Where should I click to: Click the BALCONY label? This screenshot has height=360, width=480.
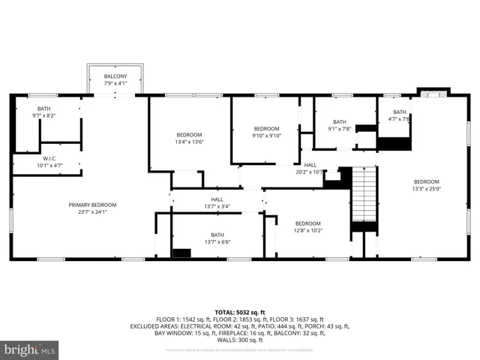click(115, 76)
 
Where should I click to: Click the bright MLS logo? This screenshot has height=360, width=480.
click(30, 349)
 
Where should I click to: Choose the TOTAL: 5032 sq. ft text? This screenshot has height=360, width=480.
click(240, 312)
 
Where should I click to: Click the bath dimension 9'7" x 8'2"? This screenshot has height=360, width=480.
click(44, 115)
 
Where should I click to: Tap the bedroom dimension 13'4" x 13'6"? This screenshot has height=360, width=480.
click(190, 142)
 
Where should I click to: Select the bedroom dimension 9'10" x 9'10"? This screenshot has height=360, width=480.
click(265, 136)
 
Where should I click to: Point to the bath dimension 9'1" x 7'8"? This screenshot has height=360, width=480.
click(340, 129)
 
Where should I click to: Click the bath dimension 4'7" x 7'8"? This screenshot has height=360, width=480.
click(399, 118)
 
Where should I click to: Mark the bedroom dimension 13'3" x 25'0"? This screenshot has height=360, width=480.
click(426, 188)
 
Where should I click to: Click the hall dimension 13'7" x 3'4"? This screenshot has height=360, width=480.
click(217, 206)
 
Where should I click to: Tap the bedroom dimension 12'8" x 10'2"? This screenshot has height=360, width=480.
click(307, 230)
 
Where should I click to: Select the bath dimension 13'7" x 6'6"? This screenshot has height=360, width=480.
click(217, 241)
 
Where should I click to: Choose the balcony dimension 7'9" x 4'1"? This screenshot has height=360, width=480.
click(115, 83)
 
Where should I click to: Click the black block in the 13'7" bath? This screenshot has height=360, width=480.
click(181, 253)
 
